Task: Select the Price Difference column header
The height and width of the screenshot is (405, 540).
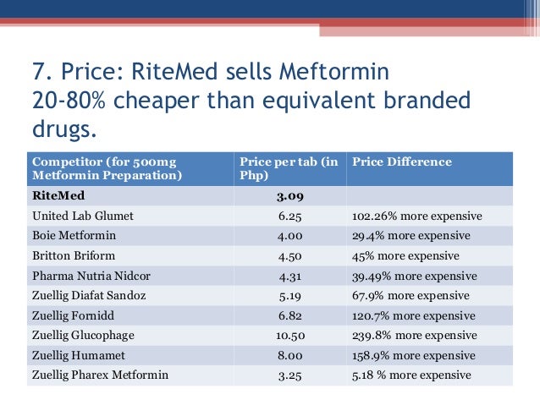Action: click(x=401, y=161)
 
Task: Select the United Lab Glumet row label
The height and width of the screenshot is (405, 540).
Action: click(x=83, y=216)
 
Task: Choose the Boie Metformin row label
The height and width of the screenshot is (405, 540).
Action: click(x=74, y=236)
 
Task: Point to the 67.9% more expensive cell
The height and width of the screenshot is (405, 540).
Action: click(x=411, y=295)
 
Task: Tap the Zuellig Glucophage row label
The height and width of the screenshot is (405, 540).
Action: click(x=83, y=335)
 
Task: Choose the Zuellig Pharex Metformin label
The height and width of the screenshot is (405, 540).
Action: click(x=100, y=375)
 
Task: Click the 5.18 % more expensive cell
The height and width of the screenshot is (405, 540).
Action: click(x=411, y=375)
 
